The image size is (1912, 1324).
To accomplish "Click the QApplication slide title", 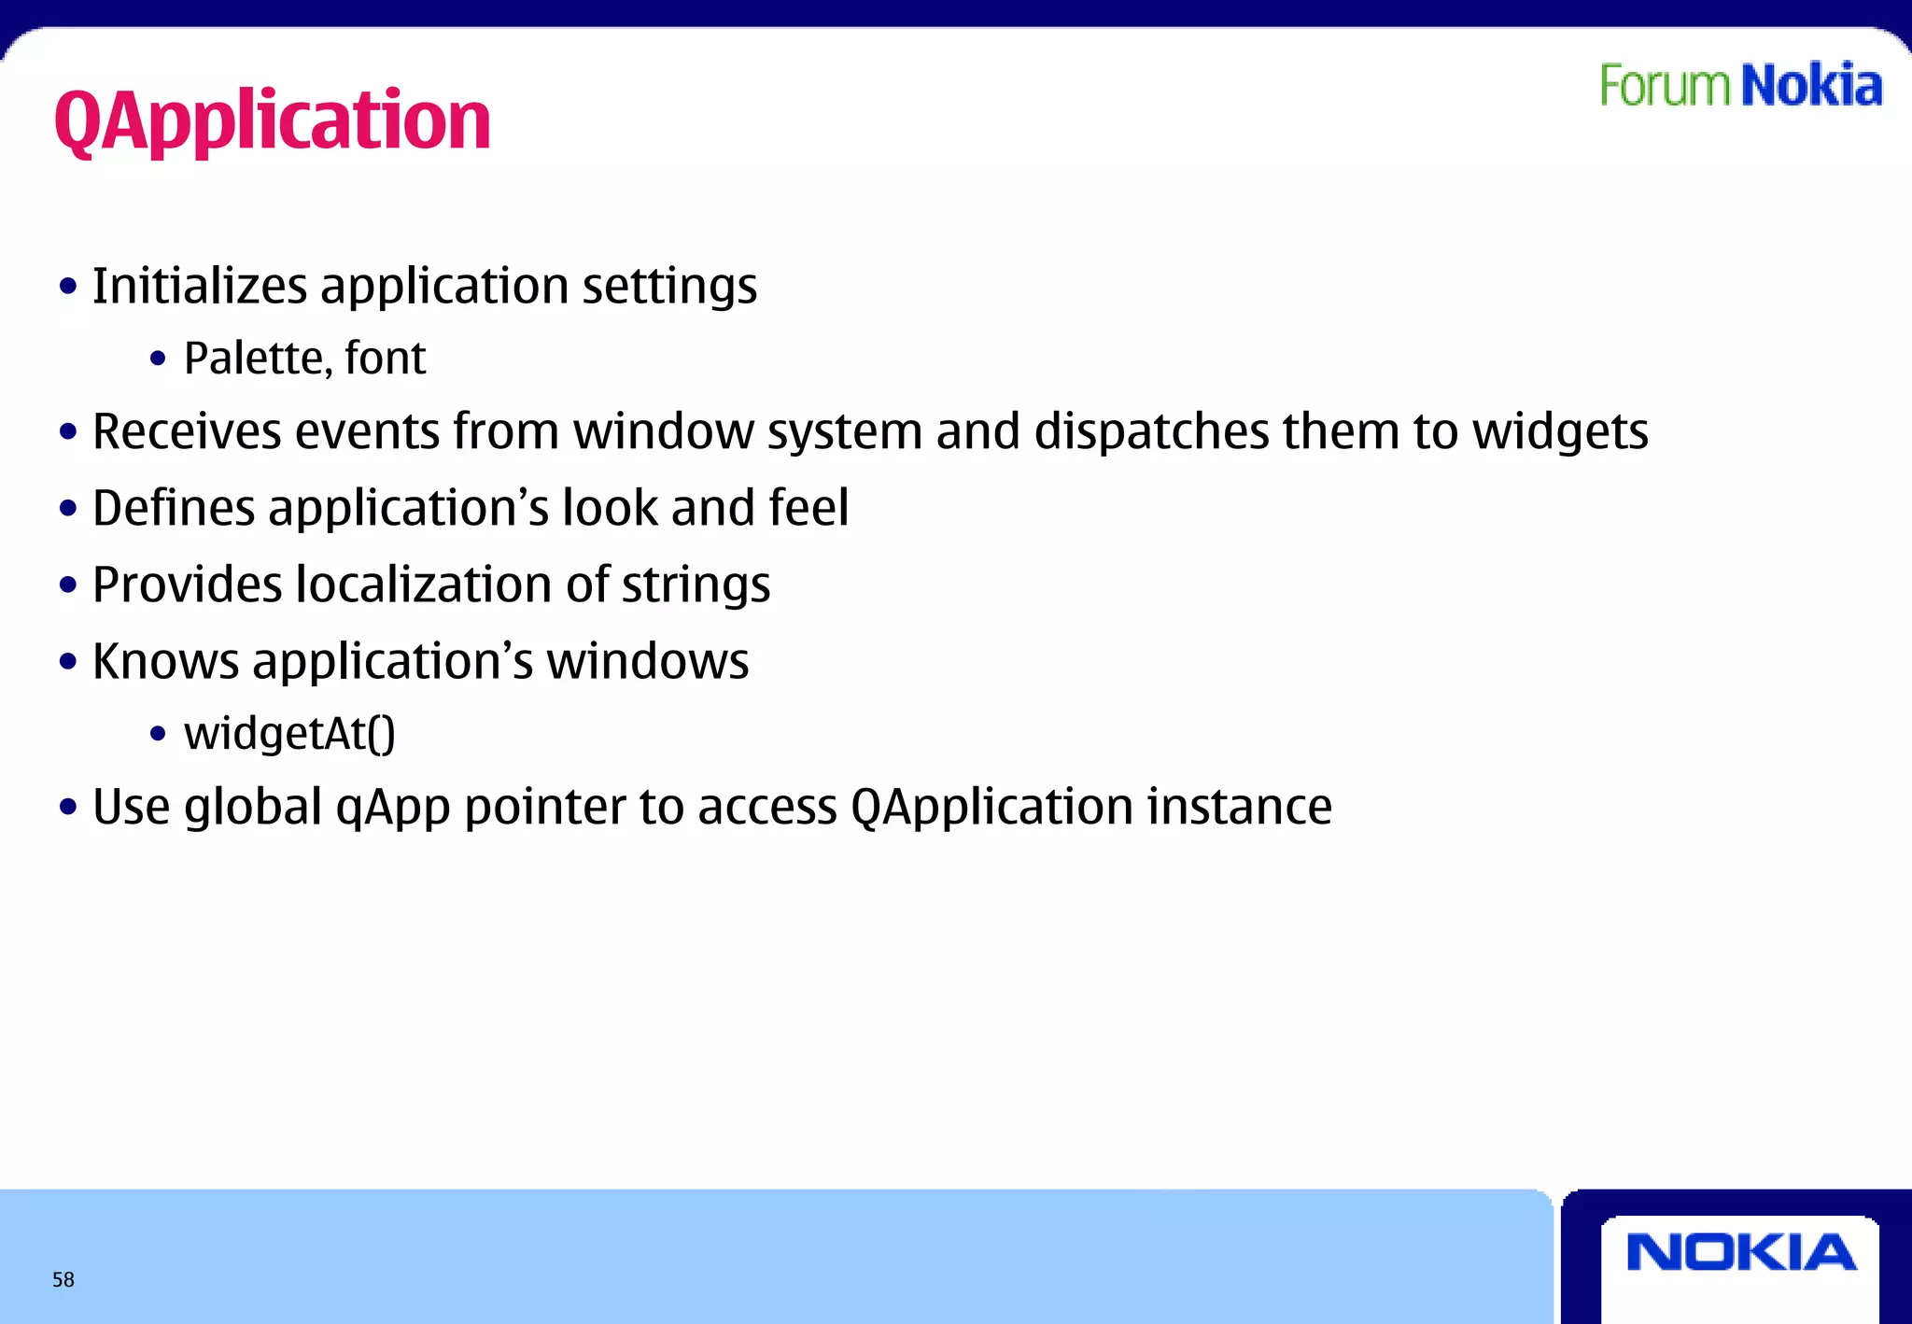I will point(272,120).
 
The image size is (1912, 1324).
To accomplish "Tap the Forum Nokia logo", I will point(1740,86).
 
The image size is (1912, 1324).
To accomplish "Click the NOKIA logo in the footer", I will point(1741,1253).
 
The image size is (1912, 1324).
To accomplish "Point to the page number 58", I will point(63,1279).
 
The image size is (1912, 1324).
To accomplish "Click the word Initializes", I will point(199,286).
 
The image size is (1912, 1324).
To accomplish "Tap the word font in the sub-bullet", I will point(385,359).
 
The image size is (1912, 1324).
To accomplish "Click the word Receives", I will point(187,431).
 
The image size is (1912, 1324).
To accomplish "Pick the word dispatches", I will point(1151,431).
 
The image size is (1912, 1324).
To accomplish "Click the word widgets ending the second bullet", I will point(1560,431).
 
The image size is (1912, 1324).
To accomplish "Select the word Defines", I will point(174,508).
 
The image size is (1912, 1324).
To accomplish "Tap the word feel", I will point(808,508).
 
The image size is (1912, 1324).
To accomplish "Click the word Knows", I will point(166,661).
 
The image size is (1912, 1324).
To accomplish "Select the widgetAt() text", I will point(289,733).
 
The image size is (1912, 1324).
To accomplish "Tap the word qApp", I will point(393,808).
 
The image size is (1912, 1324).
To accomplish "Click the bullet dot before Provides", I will point(67,585).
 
